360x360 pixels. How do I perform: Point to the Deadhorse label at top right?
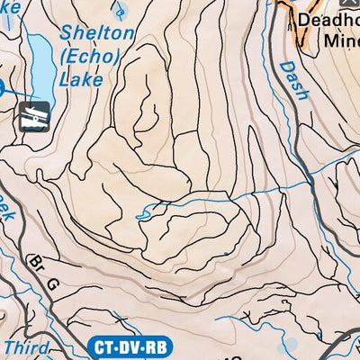[329, 20]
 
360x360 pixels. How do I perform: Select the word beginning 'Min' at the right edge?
[343, 40]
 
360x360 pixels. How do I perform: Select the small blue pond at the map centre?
[142, 215]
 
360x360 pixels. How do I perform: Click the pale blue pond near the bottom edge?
[290, 343]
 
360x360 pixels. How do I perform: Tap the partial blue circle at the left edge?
[3, 87]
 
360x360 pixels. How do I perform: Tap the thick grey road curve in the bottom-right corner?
[346, 342]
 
